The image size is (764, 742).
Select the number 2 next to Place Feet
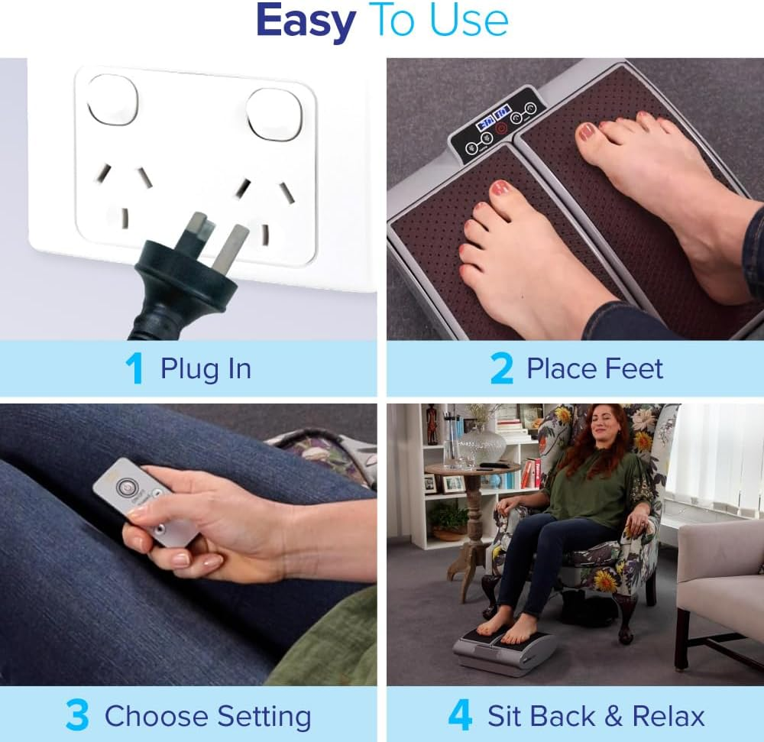(x=501, y=369)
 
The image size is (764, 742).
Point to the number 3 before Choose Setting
(x=77, y=716)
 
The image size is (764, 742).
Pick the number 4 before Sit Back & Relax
(x=460, y=716)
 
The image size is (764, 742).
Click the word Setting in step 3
(x=264, y=717)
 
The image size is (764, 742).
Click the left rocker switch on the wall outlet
(x=112, y=100)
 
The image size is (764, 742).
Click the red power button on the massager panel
(x=501, y=128)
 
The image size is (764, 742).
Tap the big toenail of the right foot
(x=587, y=131)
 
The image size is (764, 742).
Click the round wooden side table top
(x=472, y=468)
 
